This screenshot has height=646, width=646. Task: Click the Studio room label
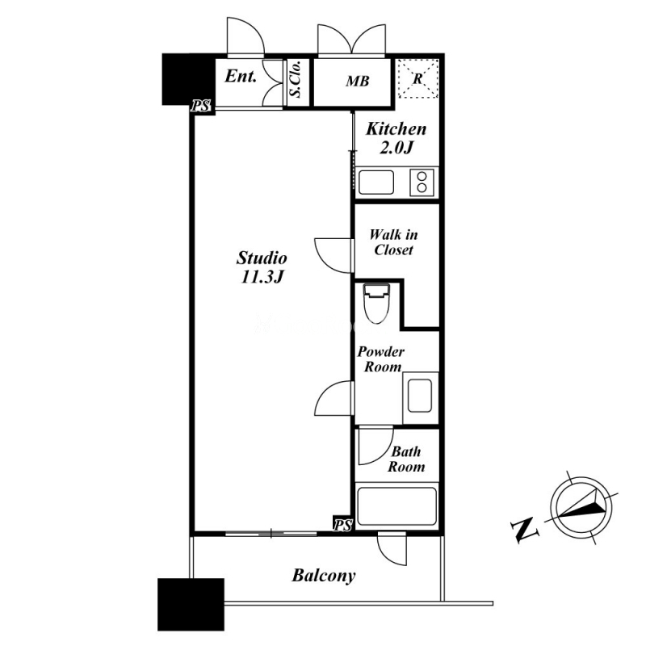tap(262, 267)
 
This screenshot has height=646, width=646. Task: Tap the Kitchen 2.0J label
tap(396, 138)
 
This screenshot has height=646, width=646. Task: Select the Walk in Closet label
tap(393, 243)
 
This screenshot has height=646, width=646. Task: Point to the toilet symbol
tap(376, 304)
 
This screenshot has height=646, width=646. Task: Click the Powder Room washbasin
tap(420, 396)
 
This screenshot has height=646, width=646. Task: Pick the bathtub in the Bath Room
tap(396, 506)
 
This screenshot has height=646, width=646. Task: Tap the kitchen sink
tap(376, 182)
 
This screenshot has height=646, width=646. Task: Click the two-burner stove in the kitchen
tap(422, 182)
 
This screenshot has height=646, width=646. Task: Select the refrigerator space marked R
tap(417, 78)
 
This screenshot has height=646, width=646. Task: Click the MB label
tap(357, 82)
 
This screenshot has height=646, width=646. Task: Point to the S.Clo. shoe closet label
tap(296, 79)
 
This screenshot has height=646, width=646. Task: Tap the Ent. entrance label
tap(241, 76)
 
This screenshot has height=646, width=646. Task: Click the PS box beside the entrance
tap(200, 107)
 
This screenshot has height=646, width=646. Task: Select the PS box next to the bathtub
tap(342, 525)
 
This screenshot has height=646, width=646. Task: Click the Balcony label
tap(324, 576)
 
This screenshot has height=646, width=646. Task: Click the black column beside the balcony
tap(191, 604)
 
